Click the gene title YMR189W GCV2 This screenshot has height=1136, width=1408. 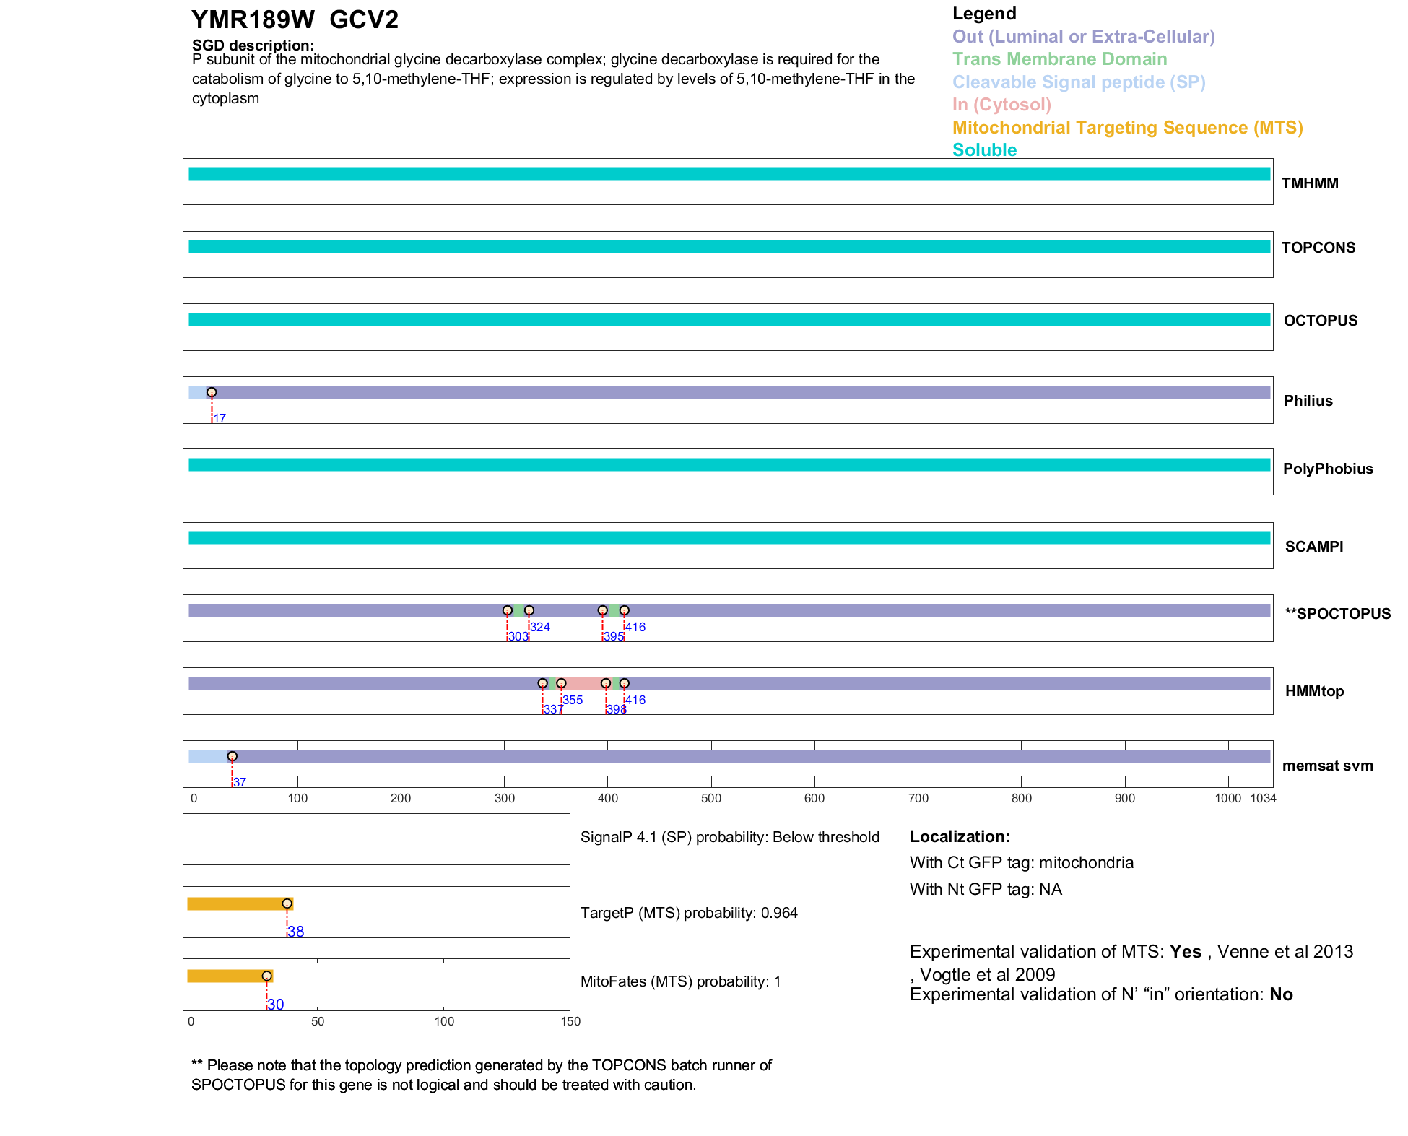pyautogui.click(x=295, y=20)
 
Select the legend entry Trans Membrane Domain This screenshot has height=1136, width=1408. pyautogui.click(x=1059, y=59)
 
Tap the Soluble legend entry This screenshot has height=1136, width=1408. pyautogui.click(x=984, y=150)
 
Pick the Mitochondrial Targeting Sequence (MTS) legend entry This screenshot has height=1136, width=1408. pyautogui.click(x=1127, y=128)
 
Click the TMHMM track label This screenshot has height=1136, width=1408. pyautogui.click(x=1309, y=183)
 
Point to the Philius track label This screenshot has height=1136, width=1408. pyautogui.click(x=1308, y=401)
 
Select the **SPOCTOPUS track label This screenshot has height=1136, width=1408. pyautogui.click(x=1337, y=614)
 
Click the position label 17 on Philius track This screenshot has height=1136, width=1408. pyautogui.click(x=220, y=419)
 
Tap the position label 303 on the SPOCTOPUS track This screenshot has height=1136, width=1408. pyautogui.click(x=518, y=637)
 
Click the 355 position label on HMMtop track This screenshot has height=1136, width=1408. pyautogui.click(x=573, y=700)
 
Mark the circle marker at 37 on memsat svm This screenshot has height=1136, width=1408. pyautogui.click(x=233, y=756)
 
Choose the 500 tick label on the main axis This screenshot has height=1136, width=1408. pyautogui.click(x=711, y=798)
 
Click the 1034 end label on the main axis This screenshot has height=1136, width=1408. pyautogui.click(x=1263, y=798)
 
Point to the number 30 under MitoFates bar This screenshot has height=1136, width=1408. pyautogui.click(x=276, y=1005)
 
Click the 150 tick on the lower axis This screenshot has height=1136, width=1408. pyautogui.click(x=570, y=1021)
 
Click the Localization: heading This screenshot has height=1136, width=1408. pyautogui.click(x=960, y=837)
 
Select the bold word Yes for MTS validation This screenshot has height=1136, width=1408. pyautogui.click(x=1185, y=952)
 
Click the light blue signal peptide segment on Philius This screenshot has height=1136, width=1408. pyautogui.click(x=197, y=393)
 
